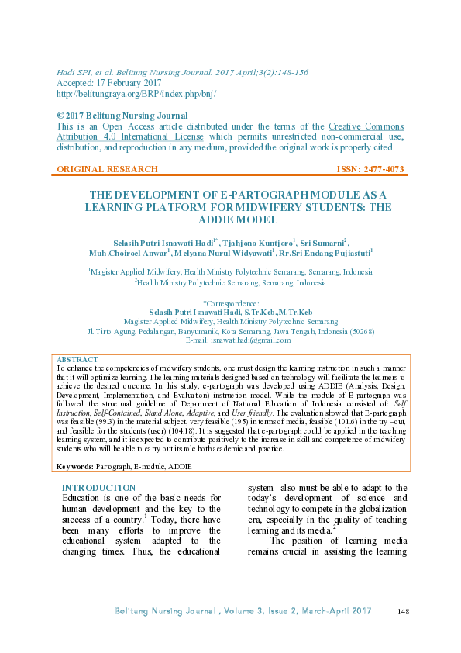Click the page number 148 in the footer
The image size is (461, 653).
coord(402,613)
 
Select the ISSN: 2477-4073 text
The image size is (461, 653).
coord(370,169)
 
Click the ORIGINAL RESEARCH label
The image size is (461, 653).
coord(108,169)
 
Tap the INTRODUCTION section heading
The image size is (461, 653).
coord(98,488)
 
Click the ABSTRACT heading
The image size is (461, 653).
coord(77,360)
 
